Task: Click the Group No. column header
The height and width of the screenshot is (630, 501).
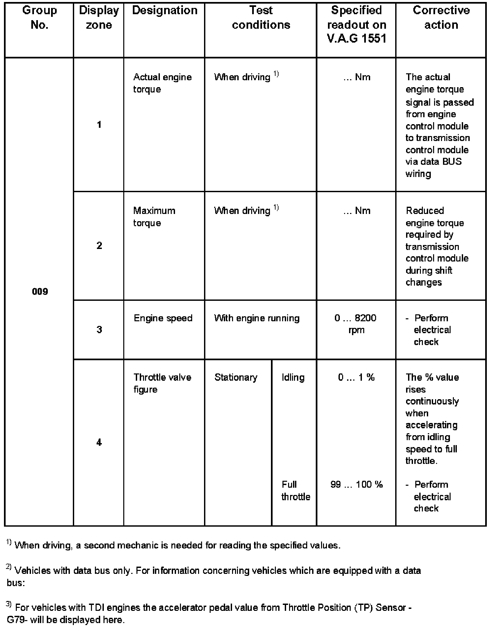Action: point(40,17)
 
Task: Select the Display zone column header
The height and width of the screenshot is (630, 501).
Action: point(99,17)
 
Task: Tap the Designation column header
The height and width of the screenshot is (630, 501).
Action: point(164,11)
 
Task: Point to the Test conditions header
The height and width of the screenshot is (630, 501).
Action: point(261,17)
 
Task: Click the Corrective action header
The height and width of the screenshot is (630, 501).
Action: point(441,17)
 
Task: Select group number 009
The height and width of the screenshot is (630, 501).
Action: point(40,292)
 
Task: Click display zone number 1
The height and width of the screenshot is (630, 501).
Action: point(99,124)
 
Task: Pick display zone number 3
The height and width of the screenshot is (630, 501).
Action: point(99,330)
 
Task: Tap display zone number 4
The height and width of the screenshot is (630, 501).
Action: point(99,442)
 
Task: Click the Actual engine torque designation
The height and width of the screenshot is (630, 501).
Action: point(162,83)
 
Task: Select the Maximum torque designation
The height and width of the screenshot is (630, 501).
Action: point(154,217)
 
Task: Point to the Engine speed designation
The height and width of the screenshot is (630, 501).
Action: point(163,318)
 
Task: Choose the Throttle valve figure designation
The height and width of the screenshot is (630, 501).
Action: point(162,383)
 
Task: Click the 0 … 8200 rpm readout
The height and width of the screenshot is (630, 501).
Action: point(356,324)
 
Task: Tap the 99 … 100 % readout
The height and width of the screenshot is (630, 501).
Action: point(356,484)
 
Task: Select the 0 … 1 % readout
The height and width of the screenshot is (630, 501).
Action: point(356,377)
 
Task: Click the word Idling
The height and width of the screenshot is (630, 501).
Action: point(293,377)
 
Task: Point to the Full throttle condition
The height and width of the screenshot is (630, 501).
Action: point(296,490)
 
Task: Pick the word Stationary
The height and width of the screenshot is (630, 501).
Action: point(236,377)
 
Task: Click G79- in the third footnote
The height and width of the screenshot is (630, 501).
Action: point(18,620)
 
